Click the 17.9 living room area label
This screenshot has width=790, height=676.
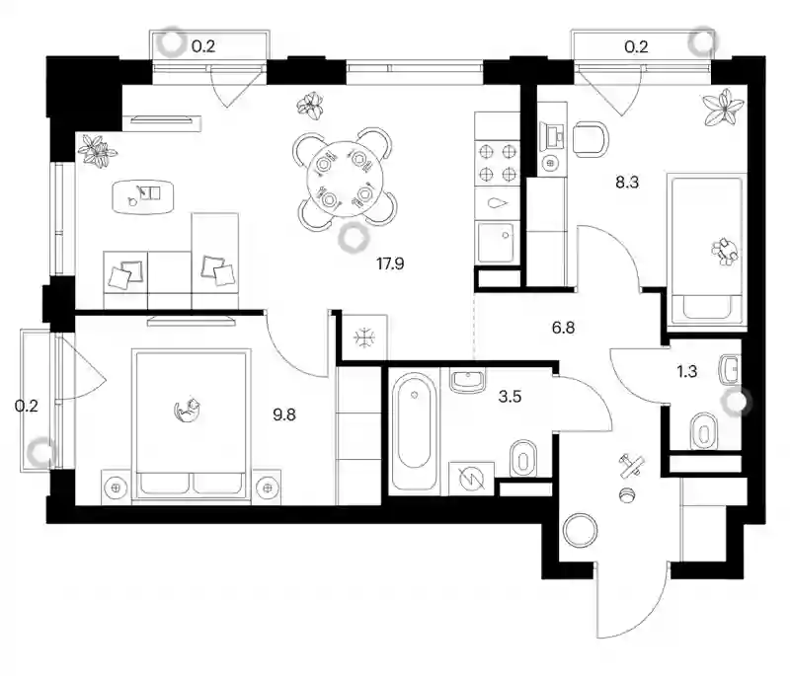[390, 263]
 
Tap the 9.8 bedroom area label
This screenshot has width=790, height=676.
[284, 414]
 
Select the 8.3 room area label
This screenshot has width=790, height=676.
[627, 183]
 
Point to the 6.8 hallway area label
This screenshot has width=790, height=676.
[563, 328]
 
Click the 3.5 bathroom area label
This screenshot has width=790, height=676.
[510, 397]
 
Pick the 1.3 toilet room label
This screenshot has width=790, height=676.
[686, 371]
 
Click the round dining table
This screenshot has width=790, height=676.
[345, 180]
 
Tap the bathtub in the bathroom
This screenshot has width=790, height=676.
[414, 431]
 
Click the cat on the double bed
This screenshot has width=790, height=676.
[187, 410]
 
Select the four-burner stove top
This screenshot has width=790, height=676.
[498, 162]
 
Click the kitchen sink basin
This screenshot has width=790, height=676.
[496, 243]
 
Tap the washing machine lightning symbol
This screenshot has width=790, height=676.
[472, 480]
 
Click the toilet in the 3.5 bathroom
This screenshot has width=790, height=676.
[523, 459]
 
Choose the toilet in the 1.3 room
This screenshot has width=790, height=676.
[704, 431]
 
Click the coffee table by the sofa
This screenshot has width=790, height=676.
[143, 195]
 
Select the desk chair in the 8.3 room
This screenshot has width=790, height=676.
[591, 138]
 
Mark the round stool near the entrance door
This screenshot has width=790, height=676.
[580, 532]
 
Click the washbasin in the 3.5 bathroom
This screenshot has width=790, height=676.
[467, 381]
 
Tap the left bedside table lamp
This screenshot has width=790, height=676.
[116, 488]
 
